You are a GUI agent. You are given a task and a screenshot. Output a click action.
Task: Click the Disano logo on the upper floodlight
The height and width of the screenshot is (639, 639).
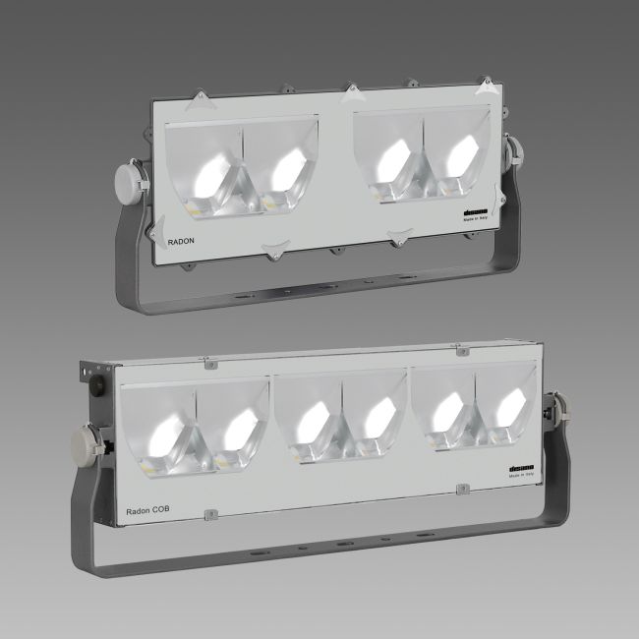click(x=475, y=211)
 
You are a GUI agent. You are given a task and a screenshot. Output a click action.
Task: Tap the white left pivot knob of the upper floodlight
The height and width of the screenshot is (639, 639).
click(x=130, y=182)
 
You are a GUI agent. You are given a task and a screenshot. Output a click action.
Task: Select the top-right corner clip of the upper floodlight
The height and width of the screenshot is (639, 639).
click(x=485, y=87)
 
